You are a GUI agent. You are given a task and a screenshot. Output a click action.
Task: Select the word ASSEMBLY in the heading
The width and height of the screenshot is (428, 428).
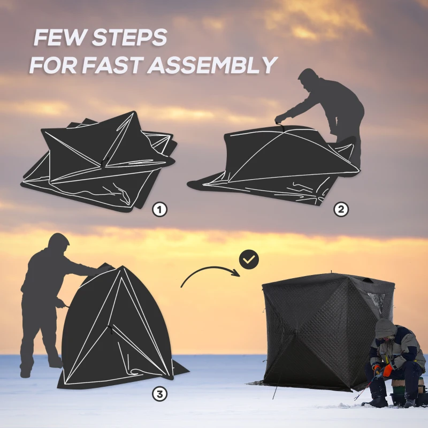[x=212, y=65]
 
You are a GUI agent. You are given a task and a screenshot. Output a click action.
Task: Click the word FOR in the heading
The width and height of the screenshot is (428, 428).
[x=53, y=65]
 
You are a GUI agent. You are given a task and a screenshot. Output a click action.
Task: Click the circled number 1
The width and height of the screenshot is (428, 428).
[x=159, y=209]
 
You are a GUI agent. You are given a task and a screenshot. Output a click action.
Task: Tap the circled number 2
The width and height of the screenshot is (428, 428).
[x=341, y=209]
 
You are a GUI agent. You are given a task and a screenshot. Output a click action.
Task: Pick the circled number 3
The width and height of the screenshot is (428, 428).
[x=159, y=394]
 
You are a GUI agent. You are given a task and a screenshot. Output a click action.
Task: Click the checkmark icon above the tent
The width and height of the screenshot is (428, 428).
[x=249, y=259]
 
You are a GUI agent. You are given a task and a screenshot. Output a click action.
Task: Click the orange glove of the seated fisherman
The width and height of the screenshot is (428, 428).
[x=387, y=370]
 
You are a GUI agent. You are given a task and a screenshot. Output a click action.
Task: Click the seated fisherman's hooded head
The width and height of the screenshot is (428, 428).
[x=385, y=330]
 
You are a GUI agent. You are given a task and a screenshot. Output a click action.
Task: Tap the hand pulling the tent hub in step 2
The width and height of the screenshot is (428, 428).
[x=279, y=119]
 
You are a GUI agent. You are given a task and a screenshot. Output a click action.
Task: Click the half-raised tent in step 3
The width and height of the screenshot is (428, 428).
[x=120, y=327]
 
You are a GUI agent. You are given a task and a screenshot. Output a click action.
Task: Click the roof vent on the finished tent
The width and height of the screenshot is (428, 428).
[x=368, y=280]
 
